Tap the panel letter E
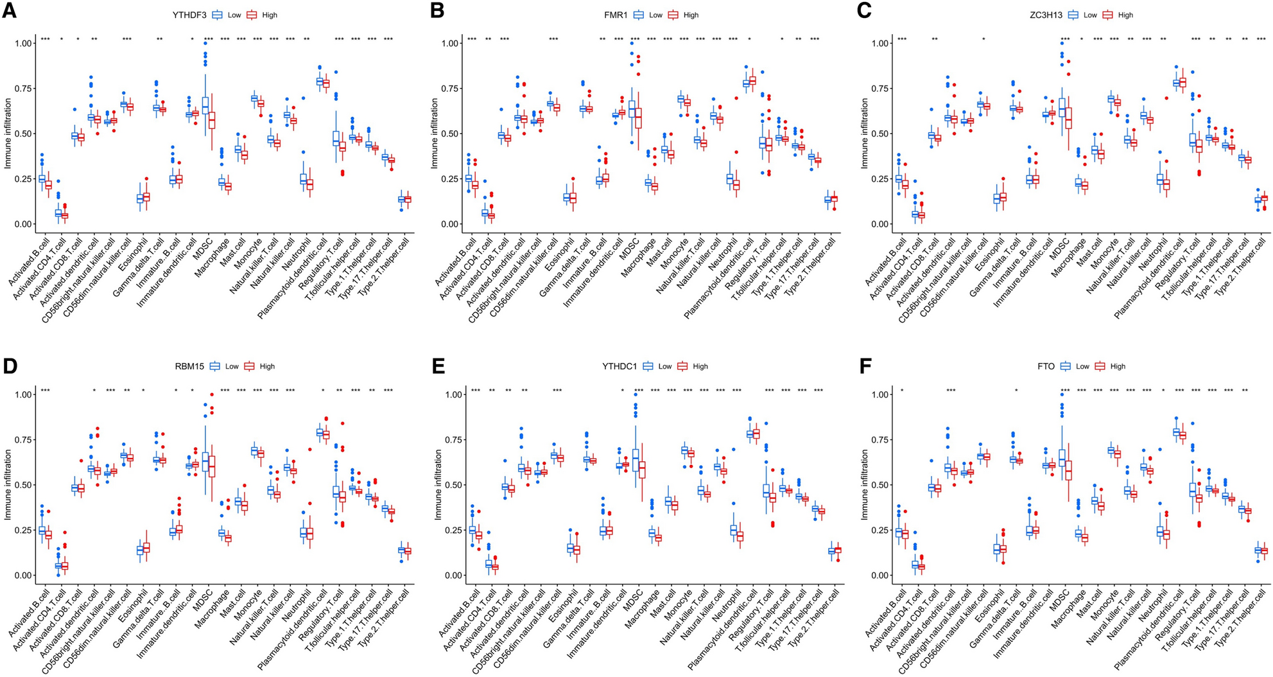(438, 367)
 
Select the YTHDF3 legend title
(188, 15)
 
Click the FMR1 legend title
(614, 15)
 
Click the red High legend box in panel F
(1100, 366)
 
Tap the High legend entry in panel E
(693, 366)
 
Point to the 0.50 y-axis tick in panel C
(878, 134)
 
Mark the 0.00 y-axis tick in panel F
(878, 576)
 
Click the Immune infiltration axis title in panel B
(435, 134)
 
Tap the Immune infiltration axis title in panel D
(8, 485)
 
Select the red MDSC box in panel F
(1067, 479)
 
